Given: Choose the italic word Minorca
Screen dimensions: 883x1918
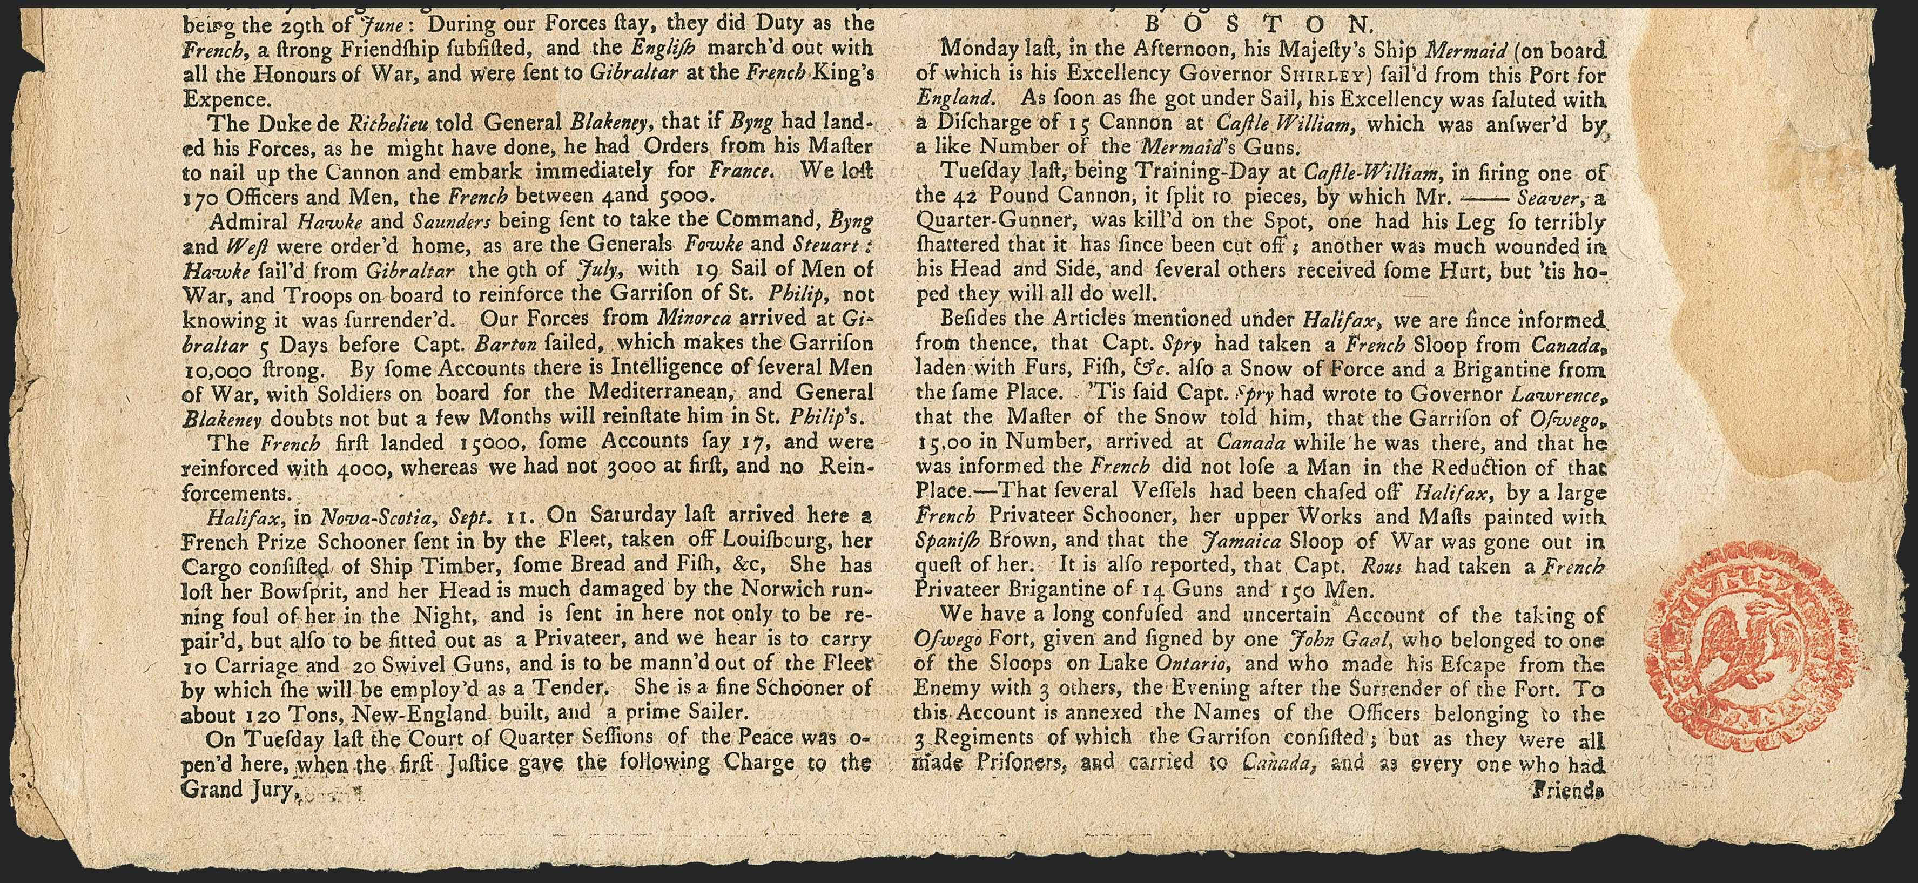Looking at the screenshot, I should [x=692, y=319].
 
